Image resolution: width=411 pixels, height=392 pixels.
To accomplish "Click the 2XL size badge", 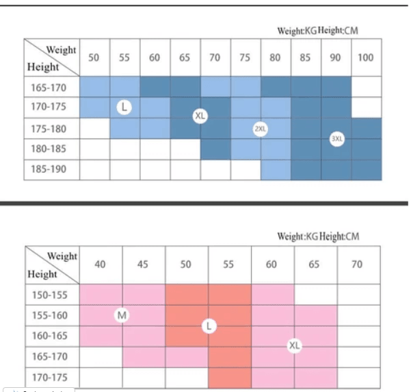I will point(260,128).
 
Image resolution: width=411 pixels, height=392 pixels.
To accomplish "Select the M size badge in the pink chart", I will point(123,315).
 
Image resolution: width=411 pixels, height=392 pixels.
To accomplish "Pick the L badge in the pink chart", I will point(209,326).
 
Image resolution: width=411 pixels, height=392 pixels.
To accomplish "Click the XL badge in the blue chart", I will point(200,116).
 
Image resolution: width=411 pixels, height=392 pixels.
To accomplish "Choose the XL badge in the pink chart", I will point(295,345).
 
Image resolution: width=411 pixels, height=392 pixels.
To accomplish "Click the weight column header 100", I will point(366,58).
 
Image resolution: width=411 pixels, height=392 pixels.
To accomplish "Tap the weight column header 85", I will point(305,58).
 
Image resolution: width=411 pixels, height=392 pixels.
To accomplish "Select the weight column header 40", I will point(101,265).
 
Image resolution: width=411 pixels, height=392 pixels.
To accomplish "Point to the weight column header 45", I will point(144,265).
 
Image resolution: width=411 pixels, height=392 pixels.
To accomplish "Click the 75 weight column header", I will point(245,58).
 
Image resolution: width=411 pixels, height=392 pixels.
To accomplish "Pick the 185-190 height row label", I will point(49,169).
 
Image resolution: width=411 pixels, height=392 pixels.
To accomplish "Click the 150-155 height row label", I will point(49,295).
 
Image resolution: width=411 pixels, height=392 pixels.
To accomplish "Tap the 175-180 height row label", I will point(49,128).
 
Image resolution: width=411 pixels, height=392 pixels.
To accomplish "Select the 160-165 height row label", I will point(49,336).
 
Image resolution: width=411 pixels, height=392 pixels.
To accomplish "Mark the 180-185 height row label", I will point(49,149).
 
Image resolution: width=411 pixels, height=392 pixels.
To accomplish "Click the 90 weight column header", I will point(335,58).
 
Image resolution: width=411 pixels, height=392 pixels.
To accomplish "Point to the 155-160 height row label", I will point(49,315).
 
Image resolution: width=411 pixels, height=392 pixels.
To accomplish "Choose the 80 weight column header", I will point(275,58).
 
